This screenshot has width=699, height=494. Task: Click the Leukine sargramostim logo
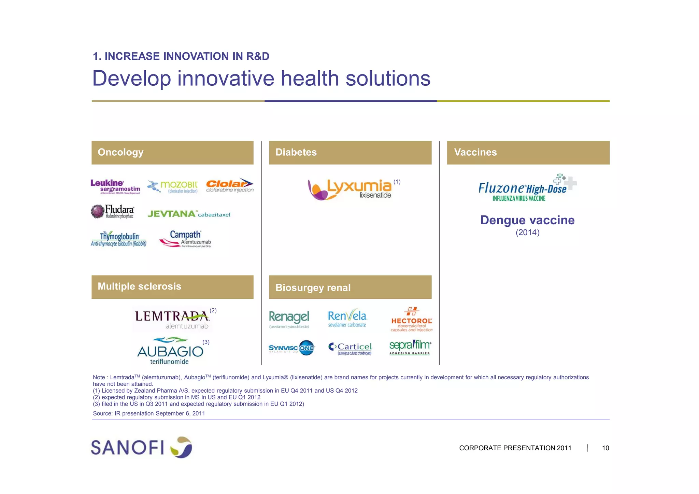point(115,187)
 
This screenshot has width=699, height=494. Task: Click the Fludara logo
point(113,211)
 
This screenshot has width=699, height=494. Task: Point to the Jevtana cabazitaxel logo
point(189,214)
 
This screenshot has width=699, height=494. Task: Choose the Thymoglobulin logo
point(118,239)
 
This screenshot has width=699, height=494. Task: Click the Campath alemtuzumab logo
point(185,239)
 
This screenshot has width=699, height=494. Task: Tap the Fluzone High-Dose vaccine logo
point(527,188)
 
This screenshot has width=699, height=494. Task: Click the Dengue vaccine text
point(527,220)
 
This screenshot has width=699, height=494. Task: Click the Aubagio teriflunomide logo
point(170,351)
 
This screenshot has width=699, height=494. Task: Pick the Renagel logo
point(289,319)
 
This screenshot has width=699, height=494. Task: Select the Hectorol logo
point(411,320)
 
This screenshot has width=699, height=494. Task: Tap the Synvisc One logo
point(291,348)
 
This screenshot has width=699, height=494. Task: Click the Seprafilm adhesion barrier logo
point(410,347)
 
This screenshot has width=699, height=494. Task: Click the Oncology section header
point(172,153)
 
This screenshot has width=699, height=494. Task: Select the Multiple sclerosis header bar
point(172,287)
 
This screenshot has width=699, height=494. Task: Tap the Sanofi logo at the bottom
point(141,447)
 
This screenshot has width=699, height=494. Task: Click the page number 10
point(605,448)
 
